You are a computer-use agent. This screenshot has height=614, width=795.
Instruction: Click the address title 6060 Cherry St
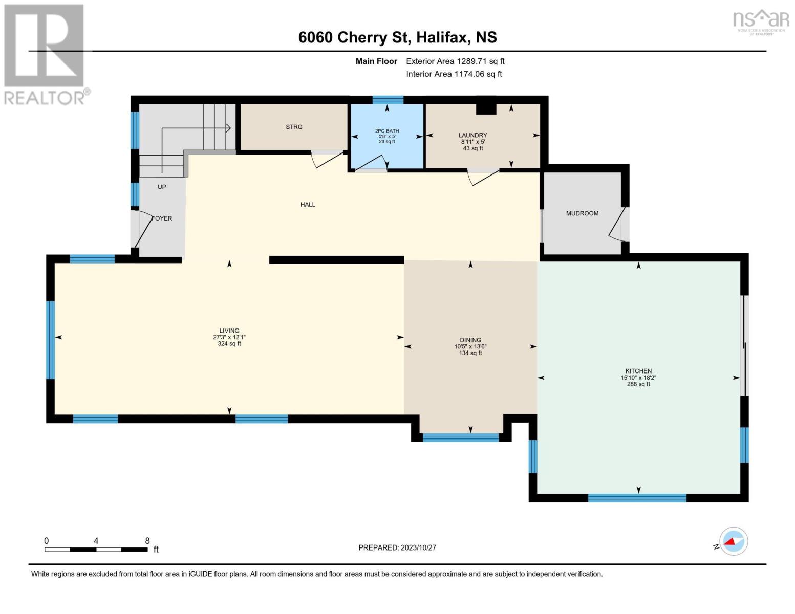pyautogui.click(x=397, y=37)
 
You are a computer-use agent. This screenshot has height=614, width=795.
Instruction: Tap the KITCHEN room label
pyautogui.click(x=638, y=371)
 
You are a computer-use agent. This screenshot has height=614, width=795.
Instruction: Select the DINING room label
pyautogui.click(x=470, y=340)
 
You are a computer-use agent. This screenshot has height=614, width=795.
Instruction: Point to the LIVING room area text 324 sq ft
pyautogui.click(x=229, y=344)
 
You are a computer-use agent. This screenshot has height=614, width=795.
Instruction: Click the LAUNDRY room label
pyautogui.click(x=472, y=135)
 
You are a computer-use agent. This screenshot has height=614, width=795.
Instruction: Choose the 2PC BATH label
pyautogui.click(x=386, y=131)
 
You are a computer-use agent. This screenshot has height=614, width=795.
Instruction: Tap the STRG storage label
pyautogui.click(x=294, y=127)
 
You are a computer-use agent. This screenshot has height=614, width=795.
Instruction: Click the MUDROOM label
pyautogui.click(x=582, y=213)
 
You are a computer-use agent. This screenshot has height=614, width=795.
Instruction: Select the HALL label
pyautogui.click(x=308, y=205)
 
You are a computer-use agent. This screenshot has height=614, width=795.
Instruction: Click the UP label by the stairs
pyautogui.click(x=162, y=187)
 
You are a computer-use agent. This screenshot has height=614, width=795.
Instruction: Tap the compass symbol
pyautogui.click(x=733, y=541)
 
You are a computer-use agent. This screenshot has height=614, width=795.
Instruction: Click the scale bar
pyautogui.click(x=96, y=550)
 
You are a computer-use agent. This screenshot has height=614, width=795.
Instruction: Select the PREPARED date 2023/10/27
pyautogui.click(x=397, y=547)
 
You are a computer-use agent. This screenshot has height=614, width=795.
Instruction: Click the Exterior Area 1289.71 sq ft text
pyautogui.click(x=455, y=61)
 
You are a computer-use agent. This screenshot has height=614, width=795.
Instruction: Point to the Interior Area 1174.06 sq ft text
pyautogui.click(x=454, y=74)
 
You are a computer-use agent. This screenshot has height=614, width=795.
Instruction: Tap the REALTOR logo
pyautogui.click(x=45, y=54)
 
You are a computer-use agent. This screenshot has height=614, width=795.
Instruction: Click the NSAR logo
pyautogui.click(x=761, y=21)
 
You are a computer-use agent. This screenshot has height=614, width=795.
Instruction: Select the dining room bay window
pyautogui.click(x=460, y=437)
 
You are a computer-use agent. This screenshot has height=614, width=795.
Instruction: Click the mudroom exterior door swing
pyautogui.click(x=618, y=225)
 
